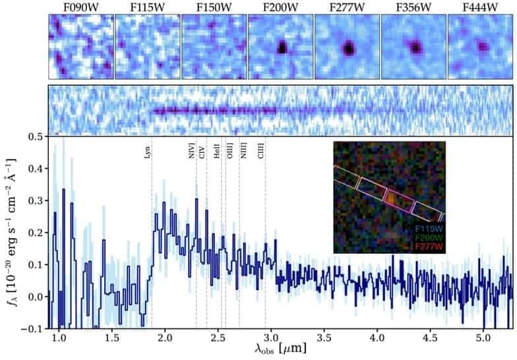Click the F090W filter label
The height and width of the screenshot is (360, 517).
(x=80, y=7)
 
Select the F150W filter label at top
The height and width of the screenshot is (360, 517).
(x=214, y=7)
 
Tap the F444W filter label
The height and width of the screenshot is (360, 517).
(x=479, y=7)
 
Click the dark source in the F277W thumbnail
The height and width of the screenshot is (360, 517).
(x=349, y=48)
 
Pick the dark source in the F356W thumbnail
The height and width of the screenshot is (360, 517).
(x=415, y=47)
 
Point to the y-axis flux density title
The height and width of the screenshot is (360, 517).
(x=9, y=232)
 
